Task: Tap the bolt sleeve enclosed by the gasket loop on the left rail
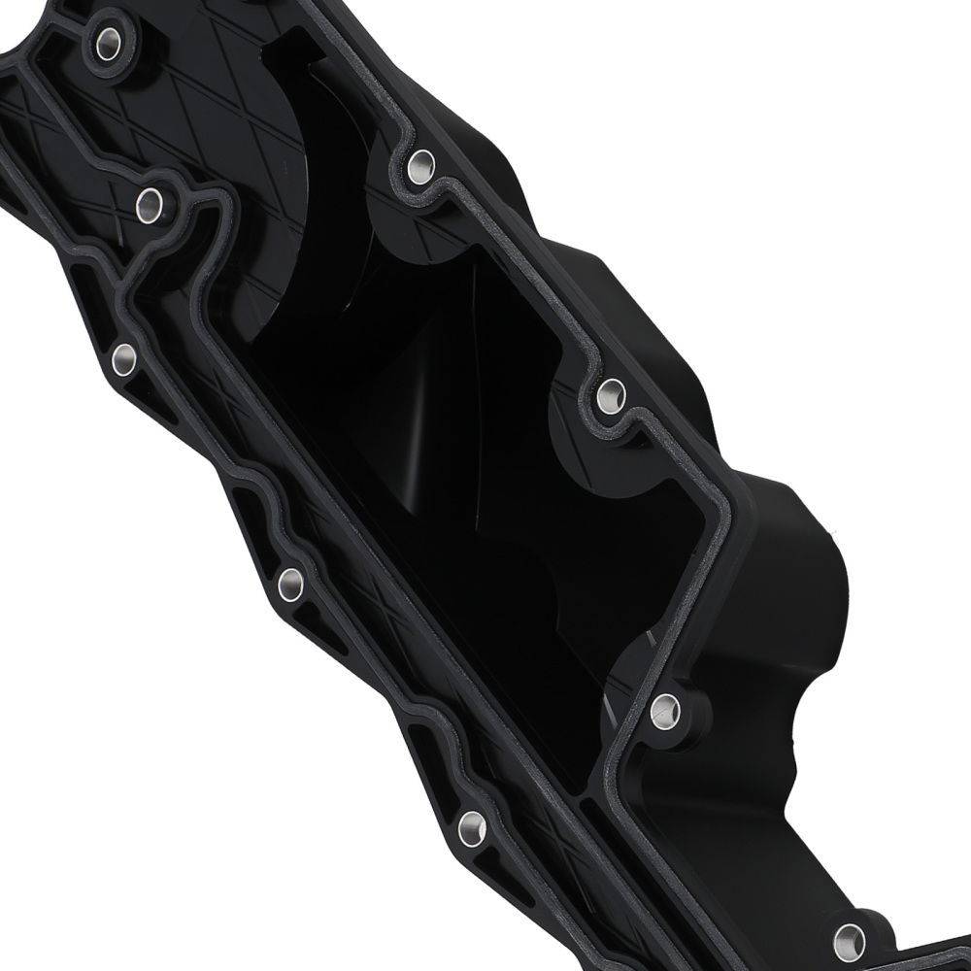[x=149, y=204]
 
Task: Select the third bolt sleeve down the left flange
[x=124, y=358]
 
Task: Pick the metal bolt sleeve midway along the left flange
[x=290, y=584]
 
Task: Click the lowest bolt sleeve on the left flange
[x=472, y=827]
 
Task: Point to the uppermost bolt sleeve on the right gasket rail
[x=420, y=166]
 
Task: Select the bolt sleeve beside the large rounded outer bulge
[x=665, y=711]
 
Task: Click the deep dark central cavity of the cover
[x=437, y=437]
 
